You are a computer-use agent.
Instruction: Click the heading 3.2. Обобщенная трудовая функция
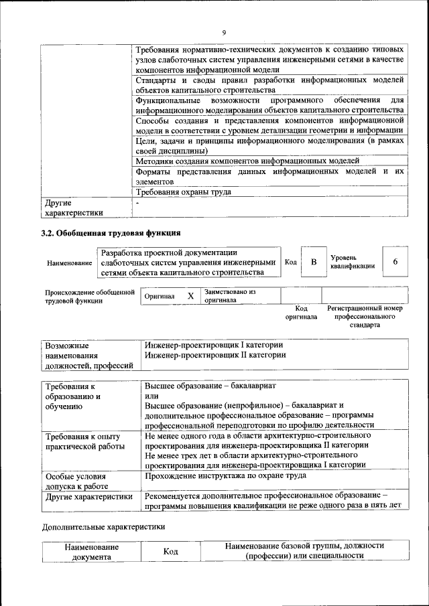coord(111,233)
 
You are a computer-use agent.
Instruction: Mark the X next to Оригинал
coord(190,296)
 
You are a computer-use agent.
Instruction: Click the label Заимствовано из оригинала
coord(230,296)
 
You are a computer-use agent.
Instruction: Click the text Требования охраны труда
coord(183,192)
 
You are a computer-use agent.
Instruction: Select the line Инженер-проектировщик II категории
coord(214,355)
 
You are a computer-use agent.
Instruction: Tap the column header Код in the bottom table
coord(170,551)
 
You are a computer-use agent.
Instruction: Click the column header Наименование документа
coord(92,551)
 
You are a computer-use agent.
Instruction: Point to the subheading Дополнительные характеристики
coord(103,526)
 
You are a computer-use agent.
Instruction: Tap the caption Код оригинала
coord(301,312)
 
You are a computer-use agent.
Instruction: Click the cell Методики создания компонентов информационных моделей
coord(247,161)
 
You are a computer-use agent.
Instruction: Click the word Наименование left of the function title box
coord(69,263)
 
